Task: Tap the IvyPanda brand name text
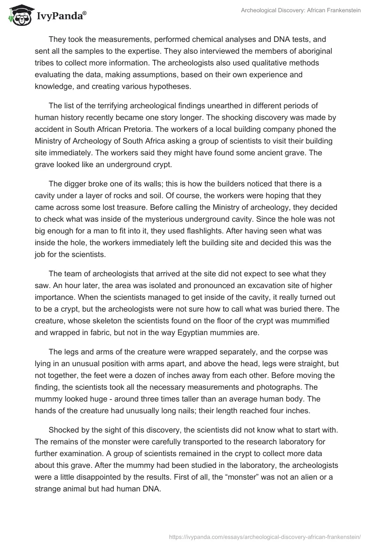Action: (x=61, y=16)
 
